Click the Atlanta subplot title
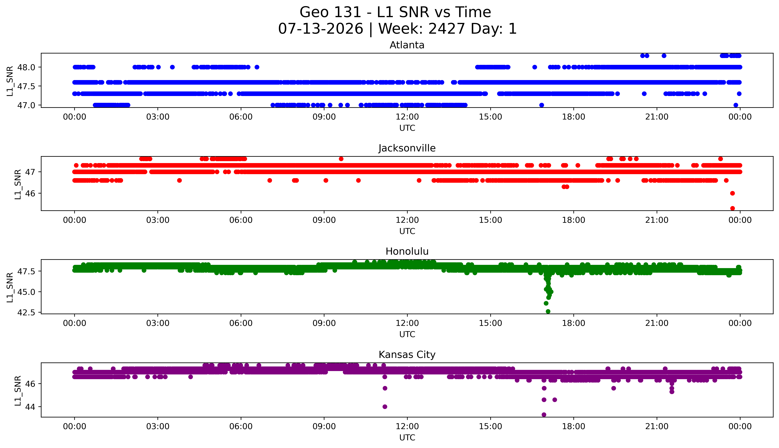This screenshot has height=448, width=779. [x=407, y=45]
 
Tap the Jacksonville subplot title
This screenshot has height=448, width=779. [x=407, y=148]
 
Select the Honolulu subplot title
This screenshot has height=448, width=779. [x=407, y=251]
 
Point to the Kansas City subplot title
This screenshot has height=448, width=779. [x=407, y=355]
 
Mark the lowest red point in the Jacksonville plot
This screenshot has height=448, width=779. [x=733, y=208]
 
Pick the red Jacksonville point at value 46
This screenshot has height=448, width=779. [x=733, y=193]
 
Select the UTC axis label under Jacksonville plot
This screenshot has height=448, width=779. [x=407, y=231]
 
